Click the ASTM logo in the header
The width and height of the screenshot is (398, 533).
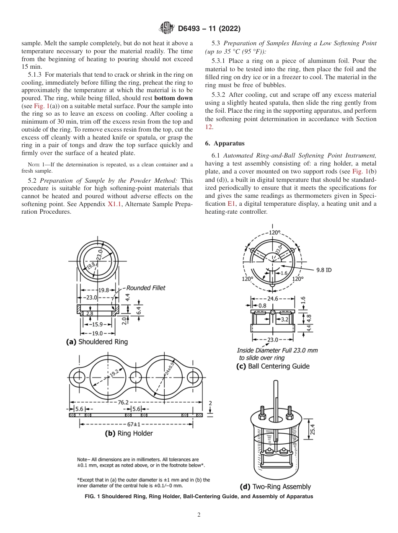(166, 29)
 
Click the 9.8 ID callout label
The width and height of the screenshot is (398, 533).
(323, 270)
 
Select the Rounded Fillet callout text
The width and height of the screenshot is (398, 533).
(146, 288)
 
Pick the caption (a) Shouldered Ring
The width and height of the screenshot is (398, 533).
(97, 342)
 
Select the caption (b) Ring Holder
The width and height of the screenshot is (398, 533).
(129, 433)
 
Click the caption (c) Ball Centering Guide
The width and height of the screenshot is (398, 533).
(273, 366)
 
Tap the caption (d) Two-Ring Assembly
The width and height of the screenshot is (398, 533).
(275, 486)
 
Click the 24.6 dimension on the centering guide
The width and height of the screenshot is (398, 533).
(273, 299)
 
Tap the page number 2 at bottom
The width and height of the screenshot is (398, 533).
(199, 515)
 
